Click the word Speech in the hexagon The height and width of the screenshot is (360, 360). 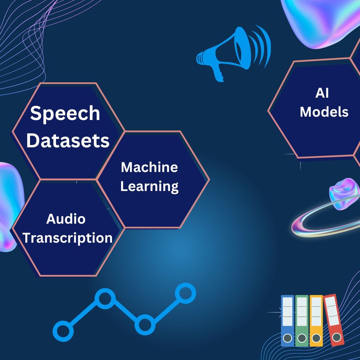65,113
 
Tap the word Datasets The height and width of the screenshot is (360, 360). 68,141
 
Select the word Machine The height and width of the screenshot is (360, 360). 149,167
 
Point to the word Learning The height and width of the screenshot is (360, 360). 149,187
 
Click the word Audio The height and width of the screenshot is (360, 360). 66,219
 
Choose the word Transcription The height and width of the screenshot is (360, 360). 68,238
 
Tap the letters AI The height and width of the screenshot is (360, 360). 322,93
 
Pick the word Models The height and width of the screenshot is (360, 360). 324,112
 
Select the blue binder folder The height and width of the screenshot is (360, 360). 287,320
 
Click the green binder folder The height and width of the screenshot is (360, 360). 302,320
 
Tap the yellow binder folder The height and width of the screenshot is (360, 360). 316,320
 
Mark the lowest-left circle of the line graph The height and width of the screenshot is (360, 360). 63,331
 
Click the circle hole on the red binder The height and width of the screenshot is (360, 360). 337,337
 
